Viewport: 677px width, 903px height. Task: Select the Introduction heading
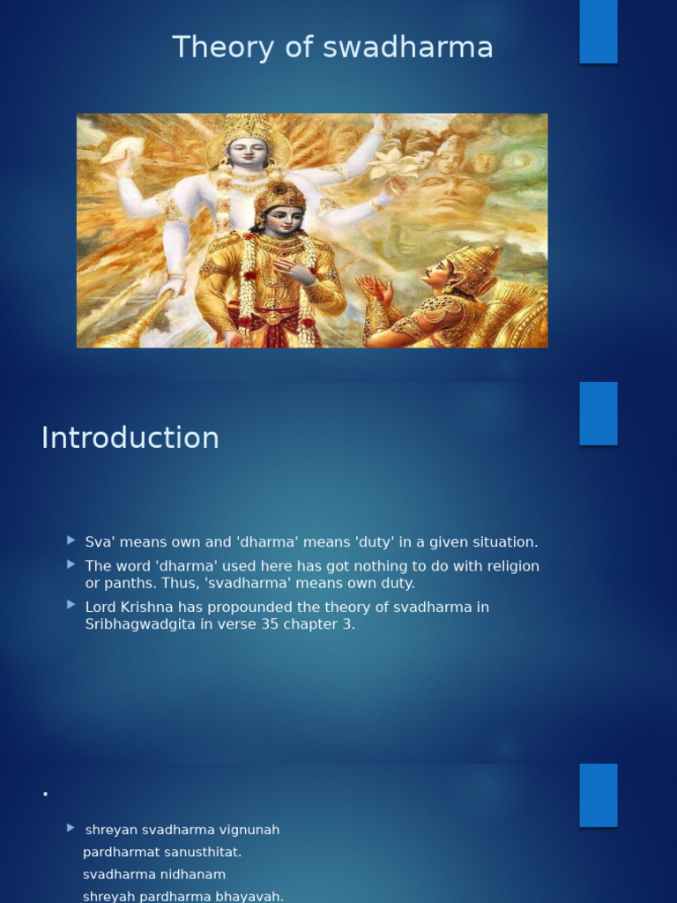pyautogui.click(x=130, y=437)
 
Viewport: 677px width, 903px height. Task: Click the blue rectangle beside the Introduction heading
pyautogui.click(x=598, y=414)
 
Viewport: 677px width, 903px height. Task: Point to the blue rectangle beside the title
pyautogui.click(x=598, y=32)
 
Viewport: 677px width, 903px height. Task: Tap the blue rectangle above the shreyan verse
pyautogui.click(x=598, y=795)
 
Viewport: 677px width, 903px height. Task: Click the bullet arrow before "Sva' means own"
pyautogui.click(x=71, y=540)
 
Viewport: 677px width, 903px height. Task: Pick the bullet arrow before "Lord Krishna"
pyautogui.click(x=71, y=605)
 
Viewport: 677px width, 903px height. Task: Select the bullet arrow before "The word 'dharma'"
pyautogui.click(x=71, y=563)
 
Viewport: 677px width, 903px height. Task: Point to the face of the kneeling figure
pyautogui.click(x=437, y=273)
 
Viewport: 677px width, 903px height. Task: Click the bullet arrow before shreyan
pyautogui.click(x=71, y=828)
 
